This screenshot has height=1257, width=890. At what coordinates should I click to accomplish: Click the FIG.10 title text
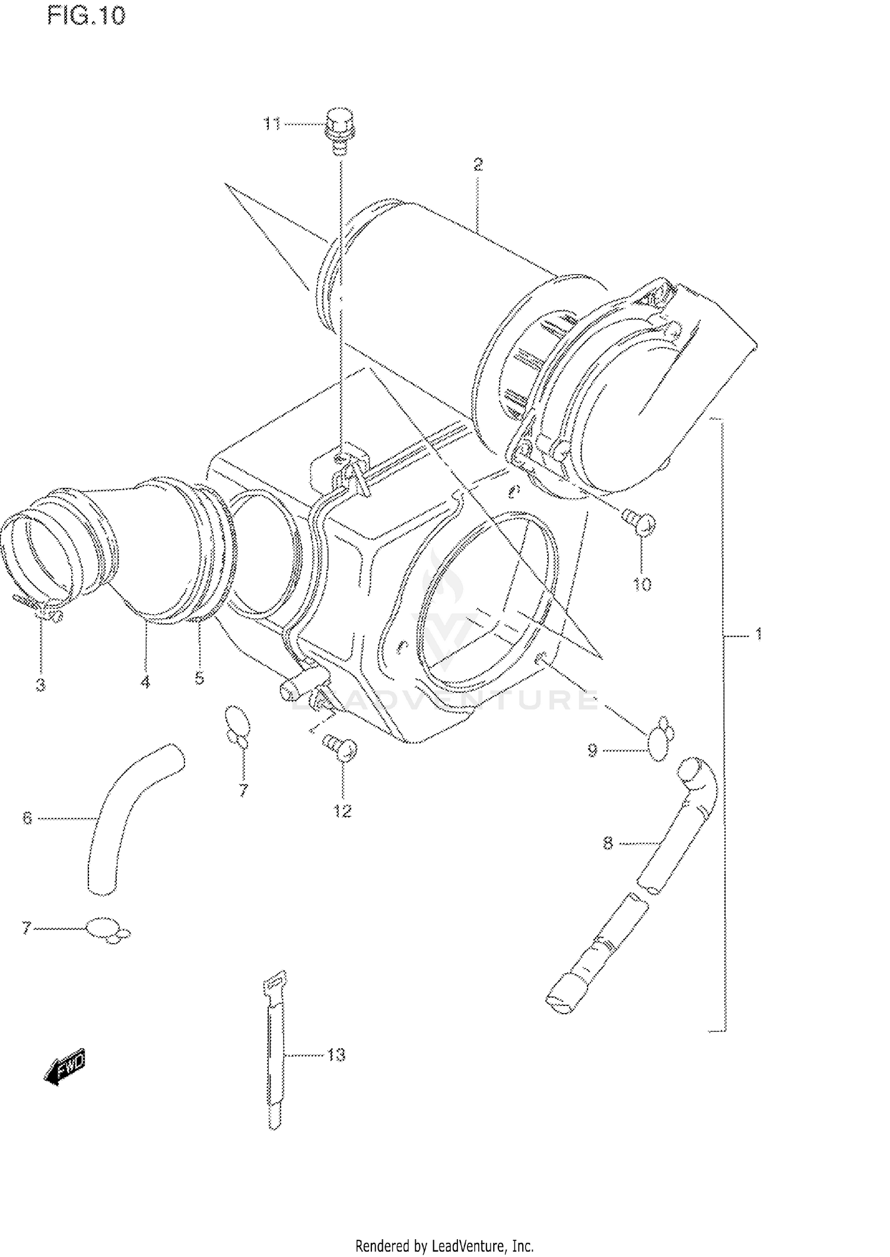coord(87,16)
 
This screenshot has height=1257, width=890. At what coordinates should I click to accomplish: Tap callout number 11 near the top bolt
coord(272,124)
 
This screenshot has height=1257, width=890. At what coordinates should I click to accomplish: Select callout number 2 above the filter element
coord(478,164)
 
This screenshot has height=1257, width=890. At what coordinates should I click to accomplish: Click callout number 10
coord(642,584)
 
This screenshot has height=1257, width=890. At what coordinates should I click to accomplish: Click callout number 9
coord(592,750)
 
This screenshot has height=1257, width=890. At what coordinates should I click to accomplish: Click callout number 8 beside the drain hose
coord(608,843)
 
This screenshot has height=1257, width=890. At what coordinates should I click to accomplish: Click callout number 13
coord(336,1055)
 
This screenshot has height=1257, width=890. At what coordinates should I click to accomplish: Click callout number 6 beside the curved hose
coord(27,818)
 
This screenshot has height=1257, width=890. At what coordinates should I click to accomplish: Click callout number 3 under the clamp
coord(40,685)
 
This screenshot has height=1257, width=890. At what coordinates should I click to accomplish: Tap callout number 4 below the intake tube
coord(145,682)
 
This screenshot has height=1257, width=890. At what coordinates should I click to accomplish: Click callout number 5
coord(199,678)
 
